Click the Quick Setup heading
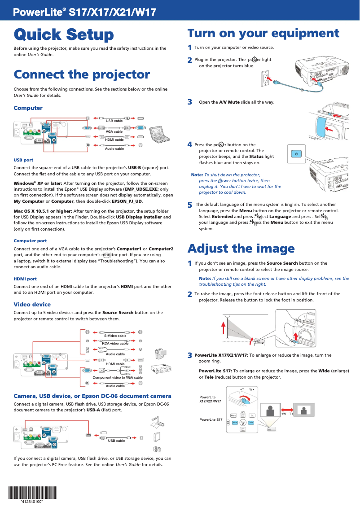(64, 35)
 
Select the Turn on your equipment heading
(263, 34)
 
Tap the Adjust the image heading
(241, 248)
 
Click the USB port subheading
(23, 160)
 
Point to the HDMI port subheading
(25, 279)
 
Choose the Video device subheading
(32, 304)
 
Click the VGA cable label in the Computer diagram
(114, 131)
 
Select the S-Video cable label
(115, 336)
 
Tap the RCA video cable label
(115, 343)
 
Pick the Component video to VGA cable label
(117, 377)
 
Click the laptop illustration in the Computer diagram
(158, 134)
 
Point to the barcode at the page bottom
(32, 493)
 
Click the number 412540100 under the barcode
(32, 502)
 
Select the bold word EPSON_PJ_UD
(127, 201)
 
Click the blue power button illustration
(295, 154)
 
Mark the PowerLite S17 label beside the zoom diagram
(211, 419)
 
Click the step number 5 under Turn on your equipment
(190, 205)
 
